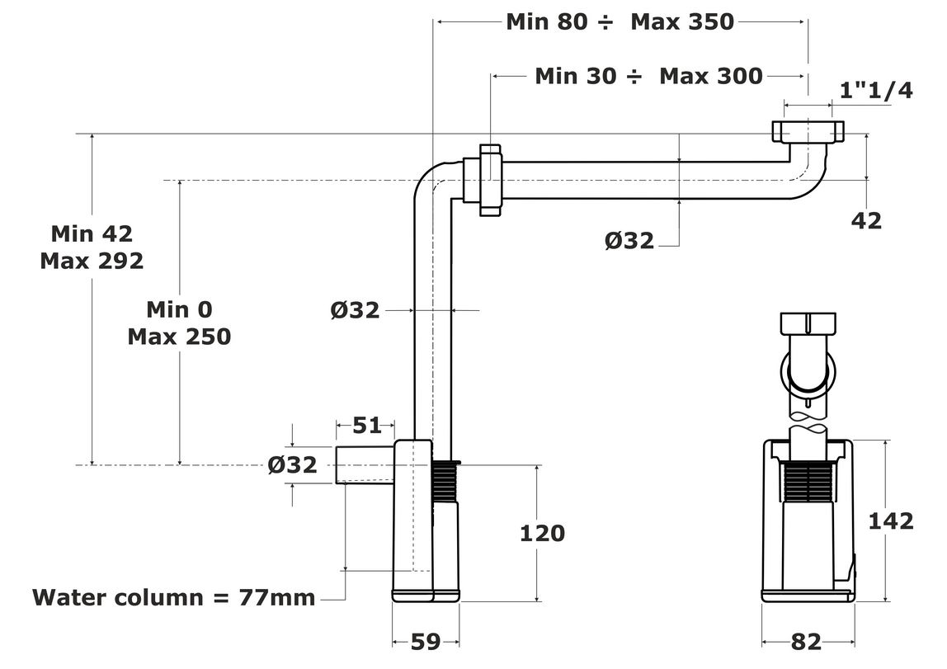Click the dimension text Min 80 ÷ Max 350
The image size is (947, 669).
[620, 21]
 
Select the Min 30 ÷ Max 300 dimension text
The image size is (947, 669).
[648, 76]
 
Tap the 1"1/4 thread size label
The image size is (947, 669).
[876, 90]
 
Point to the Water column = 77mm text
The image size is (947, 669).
[174, 597]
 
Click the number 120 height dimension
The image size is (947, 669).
[542, 533]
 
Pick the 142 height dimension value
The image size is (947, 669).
[891, 521]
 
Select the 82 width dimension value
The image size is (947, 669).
[806, 642]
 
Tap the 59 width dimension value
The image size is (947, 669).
[426, 642]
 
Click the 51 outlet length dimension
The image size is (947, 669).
[367, 425]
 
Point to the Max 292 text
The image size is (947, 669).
[92, 261]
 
